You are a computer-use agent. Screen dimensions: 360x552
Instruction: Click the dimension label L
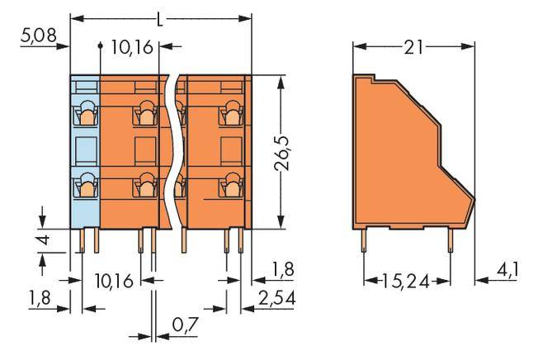click(160, 17)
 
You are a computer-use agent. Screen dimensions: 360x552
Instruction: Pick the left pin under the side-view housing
click(366, 241)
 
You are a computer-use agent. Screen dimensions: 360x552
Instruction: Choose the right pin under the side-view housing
click(450, 241)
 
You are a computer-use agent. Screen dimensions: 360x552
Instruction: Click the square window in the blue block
click(85, 149)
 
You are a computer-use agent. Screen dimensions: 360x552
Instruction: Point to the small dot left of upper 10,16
click(100, 47)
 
